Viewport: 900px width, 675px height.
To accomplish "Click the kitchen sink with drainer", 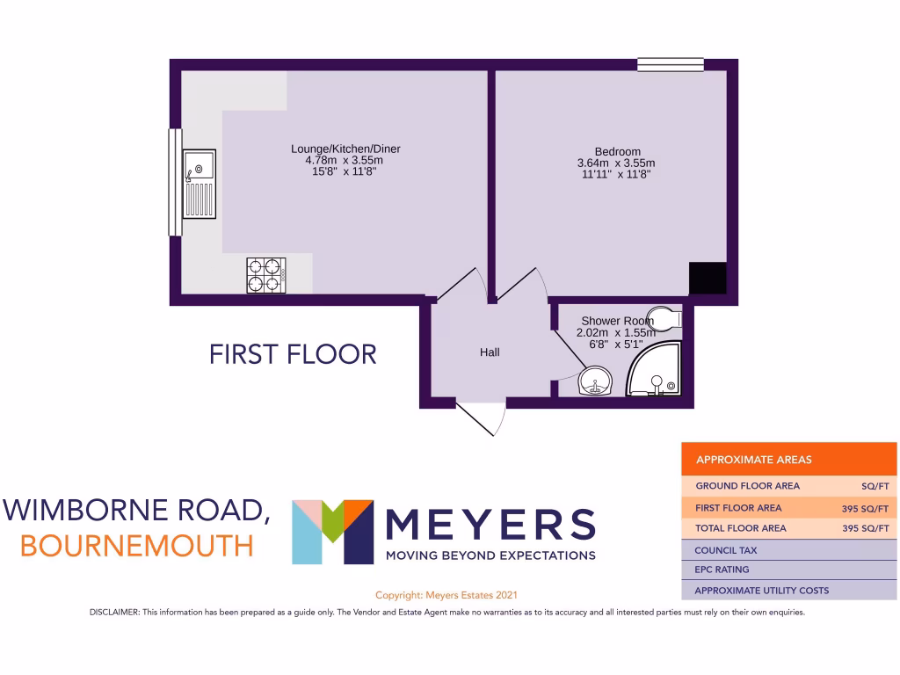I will click(199, 184).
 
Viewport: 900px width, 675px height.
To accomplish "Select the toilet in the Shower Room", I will click(665, 319).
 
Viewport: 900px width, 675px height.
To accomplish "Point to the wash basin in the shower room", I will click(596, 382).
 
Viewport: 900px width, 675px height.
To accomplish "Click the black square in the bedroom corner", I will click(708, 279).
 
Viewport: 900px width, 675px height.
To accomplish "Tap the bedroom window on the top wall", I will click(671, 63).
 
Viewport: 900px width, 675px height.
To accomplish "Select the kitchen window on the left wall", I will click(174, 182).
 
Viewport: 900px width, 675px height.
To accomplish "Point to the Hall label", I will click(490, 352).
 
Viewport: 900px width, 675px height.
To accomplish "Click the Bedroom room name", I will click(617, 151).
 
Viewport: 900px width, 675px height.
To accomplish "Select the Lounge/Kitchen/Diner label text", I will click(352, 149).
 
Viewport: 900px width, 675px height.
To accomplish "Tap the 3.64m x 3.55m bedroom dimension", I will click(616, 163).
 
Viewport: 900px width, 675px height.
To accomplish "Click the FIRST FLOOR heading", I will click(293, 354).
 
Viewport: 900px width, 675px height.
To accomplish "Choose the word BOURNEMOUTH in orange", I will click(136, 545).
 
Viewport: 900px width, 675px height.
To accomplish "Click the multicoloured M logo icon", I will click(332, 532).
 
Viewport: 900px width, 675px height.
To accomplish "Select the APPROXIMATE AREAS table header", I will click(753, 459).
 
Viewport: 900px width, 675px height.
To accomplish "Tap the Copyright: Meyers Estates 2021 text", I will click(452, 595).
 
